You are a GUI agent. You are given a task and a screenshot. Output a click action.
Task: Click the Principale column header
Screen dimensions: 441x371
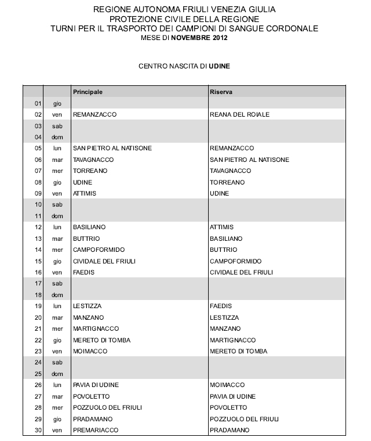[x=88, y=92]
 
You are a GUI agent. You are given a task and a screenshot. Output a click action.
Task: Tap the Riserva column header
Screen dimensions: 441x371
[x=221, y=92]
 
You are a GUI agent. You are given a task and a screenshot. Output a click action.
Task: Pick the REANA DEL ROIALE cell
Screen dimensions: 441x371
[x=239, y=114]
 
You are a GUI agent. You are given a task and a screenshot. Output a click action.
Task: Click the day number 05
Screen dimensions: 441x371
[x=38, y=149]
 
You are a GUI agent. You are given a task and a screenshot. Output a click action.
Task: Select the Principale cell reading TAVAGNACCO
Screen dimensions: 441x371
[x=93, y=160]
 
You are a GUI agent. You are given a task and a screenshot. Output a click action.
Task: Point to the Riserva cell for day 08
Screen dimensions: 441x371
[x=227, y=182]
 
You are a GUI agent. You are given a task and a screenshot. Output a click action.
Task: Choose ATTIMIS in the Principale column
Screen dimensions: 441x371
[x=85, y=193]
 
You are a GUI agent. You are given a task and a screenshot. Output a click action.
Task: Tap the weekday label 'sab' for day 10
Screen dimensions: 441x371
[x=57, y=205]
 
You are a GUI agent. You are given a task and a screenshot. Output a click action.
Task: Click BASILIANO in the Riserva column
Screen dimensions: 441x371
[x=226, y=238]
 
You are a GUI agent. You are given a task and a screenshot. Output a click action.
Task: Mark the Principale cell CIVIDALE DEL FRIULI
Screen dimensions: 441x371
[x=104, y=261]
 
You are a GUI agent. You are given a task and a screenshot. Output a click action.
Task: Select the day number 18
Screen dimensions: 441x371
[x=38, y=295]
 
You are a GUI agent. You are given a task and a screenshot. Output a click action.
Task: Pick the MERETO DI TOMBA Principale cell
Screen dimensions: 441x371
[x=102, y=340]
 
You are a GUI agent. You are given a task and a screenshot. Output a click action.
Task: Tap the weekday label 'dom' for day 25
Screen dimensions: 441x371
[x=57, y=374]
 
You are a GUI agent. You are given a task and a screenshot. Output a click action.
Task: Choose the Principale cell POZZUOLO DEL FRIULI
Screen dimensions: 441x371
[x=107, y=407]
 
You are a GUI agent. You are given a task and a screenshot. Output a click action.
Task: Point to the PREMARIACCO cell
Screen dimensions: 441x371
[x=96, y=430]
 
